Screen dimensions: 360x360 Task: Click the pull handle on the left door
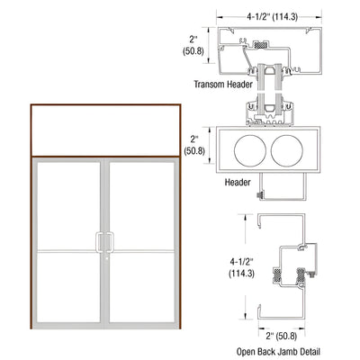100,242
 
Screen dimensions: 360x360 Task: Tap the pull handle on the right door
112,242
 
